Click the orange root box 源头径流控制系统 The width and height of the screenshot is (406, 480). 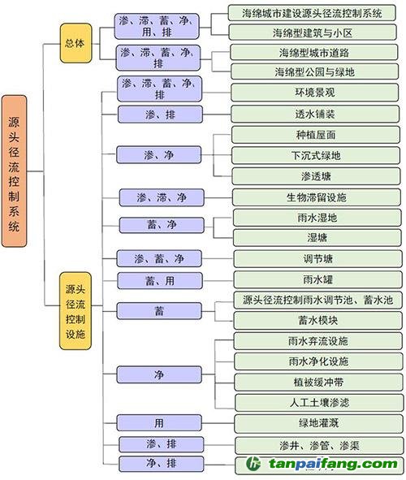pyautogui.click(x=14, y=171)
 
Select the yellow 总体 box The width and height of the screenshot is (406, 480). pyautogui.click(x=76, y=43)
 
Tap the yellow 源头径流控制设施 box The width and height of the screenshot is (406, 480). pyautogui.click(x=76, y=311)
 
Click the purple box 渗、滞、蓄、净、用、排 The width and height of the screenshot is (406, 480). pyautogui.click(x=157, y=26)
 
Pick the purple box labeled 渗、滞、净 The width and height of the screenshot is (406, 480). pyautogui.click(x=162, y=197)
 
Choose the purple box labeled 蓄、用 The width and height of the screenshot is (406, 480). pyautogui.click(x=160, y=281)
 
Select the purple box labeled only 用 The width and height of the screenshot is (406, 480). pyautogui.click(x=159, y=423)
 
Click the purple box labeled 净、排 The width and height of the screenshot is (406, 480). pyautogui.click(x=162, y=464)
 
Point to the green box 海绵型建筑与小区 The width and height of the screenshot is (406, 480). pyautogui.click(x=313, y=32)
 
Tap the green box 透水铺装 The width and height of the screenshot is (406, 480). pyautogui.click(x=315, y=115)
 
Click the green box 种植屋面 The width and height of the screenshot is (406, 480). pyautogui.click(x=316, y=135)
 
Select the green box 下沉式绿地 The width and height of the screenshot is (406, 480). pyautogui.click(x=316, y=155)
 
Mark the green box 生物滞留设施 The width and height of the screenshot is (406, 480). pyautogui.click(x=317, y=197)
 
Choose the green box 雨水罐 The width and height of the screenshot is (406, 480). pyautogui.click(x=317, y=279)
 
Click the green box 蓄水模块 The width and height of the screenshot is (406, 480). pyautogui.click(x=318, y=321)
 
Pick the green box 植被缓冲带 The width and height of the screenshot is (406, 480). pyautogui.click(x=318, y=382)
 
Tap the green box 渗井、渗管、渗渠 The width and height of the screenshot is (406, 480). pyautogui.click(x=319, y=445)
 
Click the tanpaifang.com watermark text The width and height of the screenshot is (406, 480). pyautogui.click(x=333, y=464)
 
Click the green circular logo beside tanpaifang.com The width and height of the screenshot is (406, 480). pyautogui.click(x=253, y=464)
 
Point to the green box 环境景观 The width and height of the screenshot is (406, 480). pyautogui.click(x=315, y=92)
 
